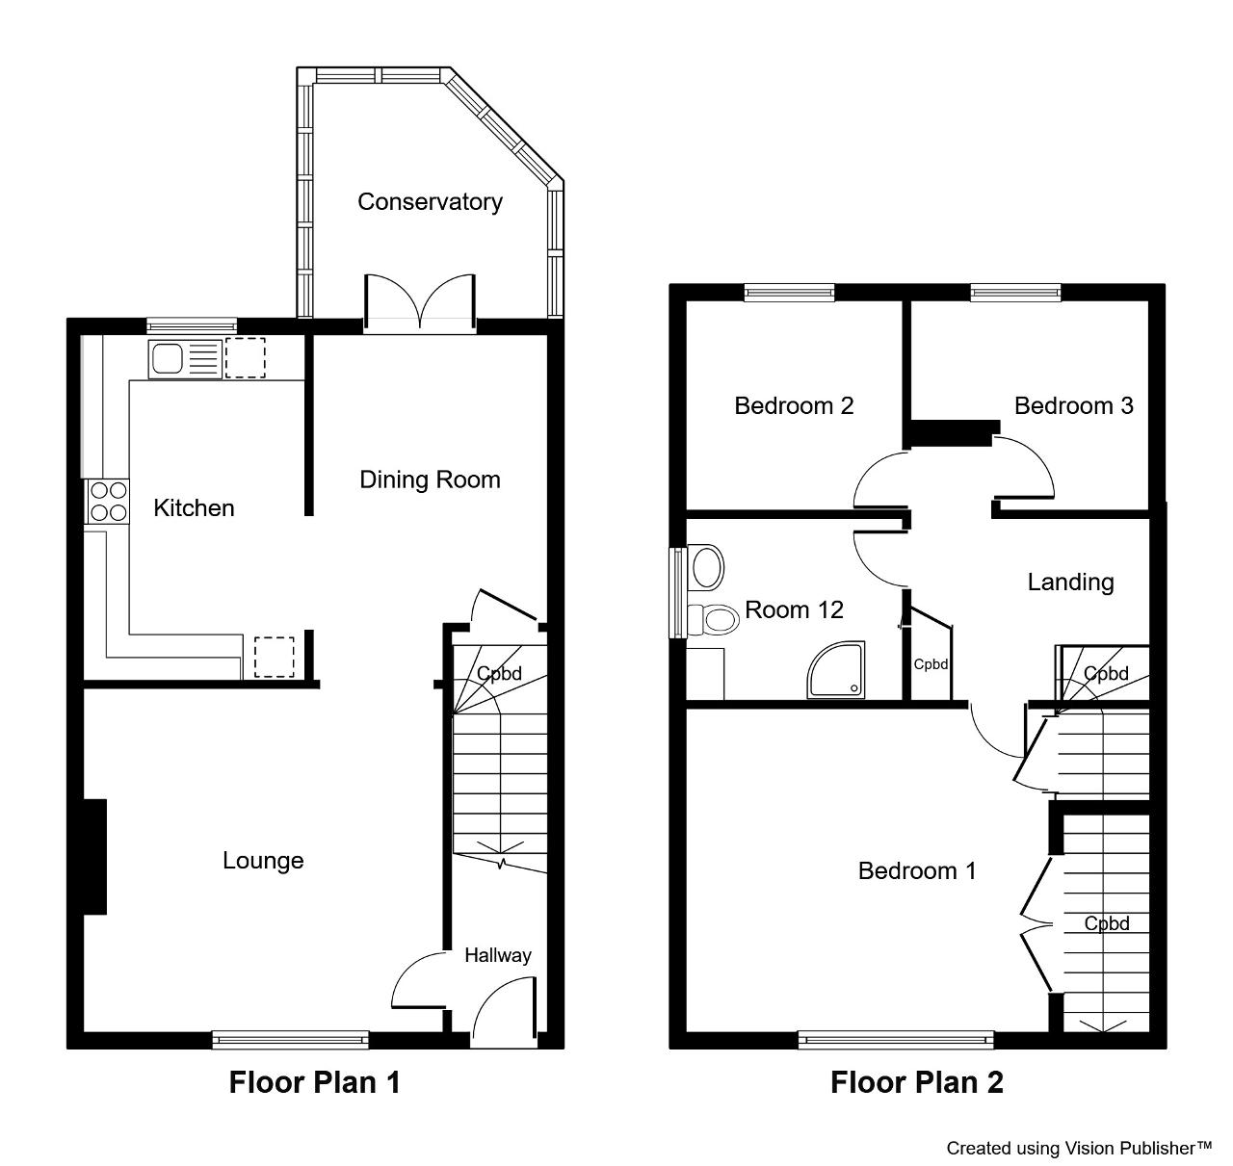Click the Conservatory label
pos(430,202)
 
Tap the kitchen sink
pos(185,359)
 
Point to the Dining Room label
pos(430,479)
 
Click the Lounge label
pos(263,860)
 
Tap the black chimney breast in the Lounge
pos(94,856)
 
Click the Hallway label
pos(498,955)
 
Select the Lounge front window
pos(290,1040)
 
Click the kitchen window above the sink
pos(192,325)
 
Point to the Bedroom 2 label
pos(794,405)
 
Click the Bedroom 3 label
pos(1074,405)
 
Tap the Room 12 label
pos(794,609)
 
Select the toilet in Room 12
pos(713,620)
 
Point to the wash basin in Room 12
pos(706,567)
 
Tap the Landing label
pos(1070,582)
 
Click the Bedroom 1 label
pos(917,870)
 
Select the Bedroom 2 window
pos(790,292)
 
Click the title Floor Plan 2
pos(917,1082)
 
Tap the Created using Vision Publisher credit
pos(1079,1148)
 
